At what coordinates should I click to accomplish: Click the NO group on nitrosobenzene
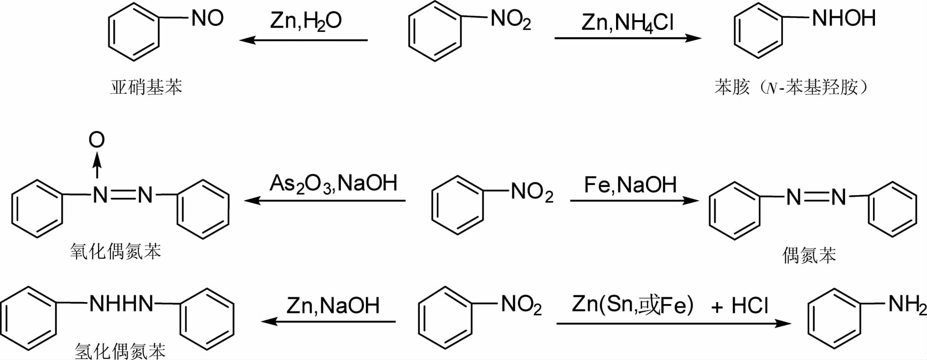coord(207,19)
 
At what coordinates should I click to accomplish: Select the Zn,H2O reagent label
coord(306,21)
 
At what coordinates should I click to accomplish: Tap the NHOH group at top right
coord(844,18)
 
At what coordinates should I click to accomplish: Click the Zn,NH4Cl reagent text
coord(627,23)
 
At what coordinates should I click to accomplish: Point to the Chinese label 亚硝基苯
coord(146,87)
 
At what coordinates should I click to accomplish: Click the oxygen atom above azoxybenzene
coord(97,140)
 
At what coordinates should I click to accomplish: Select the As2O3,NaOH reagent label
coord(334,183)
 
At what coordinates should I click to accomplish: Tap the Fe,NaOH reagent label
coord(630,185)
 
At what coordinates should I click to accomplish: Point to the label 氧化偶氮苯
coord(116,252)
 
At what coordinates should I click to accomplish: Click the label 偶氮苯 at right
coord(809,256)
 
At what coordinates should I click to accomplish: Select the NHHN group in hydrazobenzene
coord(121,304)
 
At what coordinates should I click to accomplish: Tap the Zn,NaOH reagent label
coord(333,306)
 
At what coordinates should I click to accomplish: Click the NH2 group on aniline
coord(907,305)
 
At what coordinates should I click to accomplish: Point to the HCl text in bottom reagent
coord(749,306)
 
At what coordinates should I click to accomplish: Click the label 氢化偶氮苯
coord(120,351)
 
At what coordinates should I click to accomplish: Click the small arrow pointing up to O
coord(97,166)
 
